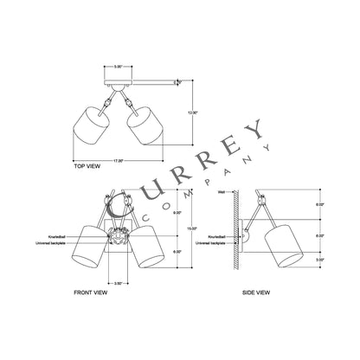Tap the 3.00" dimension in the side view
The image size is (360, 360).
tap(320, 258)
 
